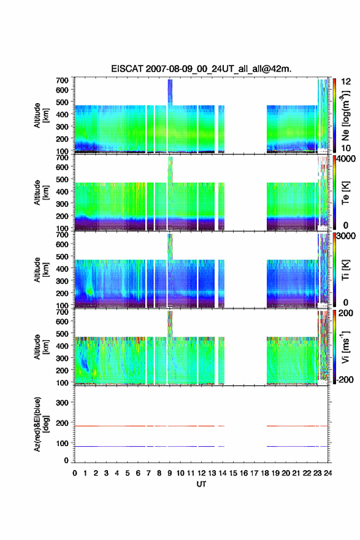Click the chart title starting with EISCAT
201,69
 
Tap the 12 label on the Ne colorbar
345,82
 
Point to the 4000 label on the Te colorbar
346,159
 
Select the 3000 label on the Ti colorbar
346,236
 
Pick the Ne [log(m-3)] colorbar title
345,116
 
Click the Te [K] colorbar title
345,193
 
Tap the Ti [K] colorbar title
345,269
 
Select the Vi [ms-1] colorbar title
345,347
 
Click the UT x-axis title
201,484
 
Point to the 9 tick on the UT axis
170,473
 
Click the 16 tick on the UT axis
243,473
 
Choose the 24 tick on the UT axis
328,473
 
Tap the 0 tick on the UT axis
75,473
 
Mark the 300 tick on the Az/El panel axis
62,403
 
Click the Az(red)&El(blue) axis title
40,424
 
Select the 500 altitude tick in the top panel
62,102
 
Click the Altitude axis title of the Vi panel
40,347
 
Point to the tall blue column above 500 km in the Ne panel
170,92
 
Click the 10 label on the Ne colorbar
345,148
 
